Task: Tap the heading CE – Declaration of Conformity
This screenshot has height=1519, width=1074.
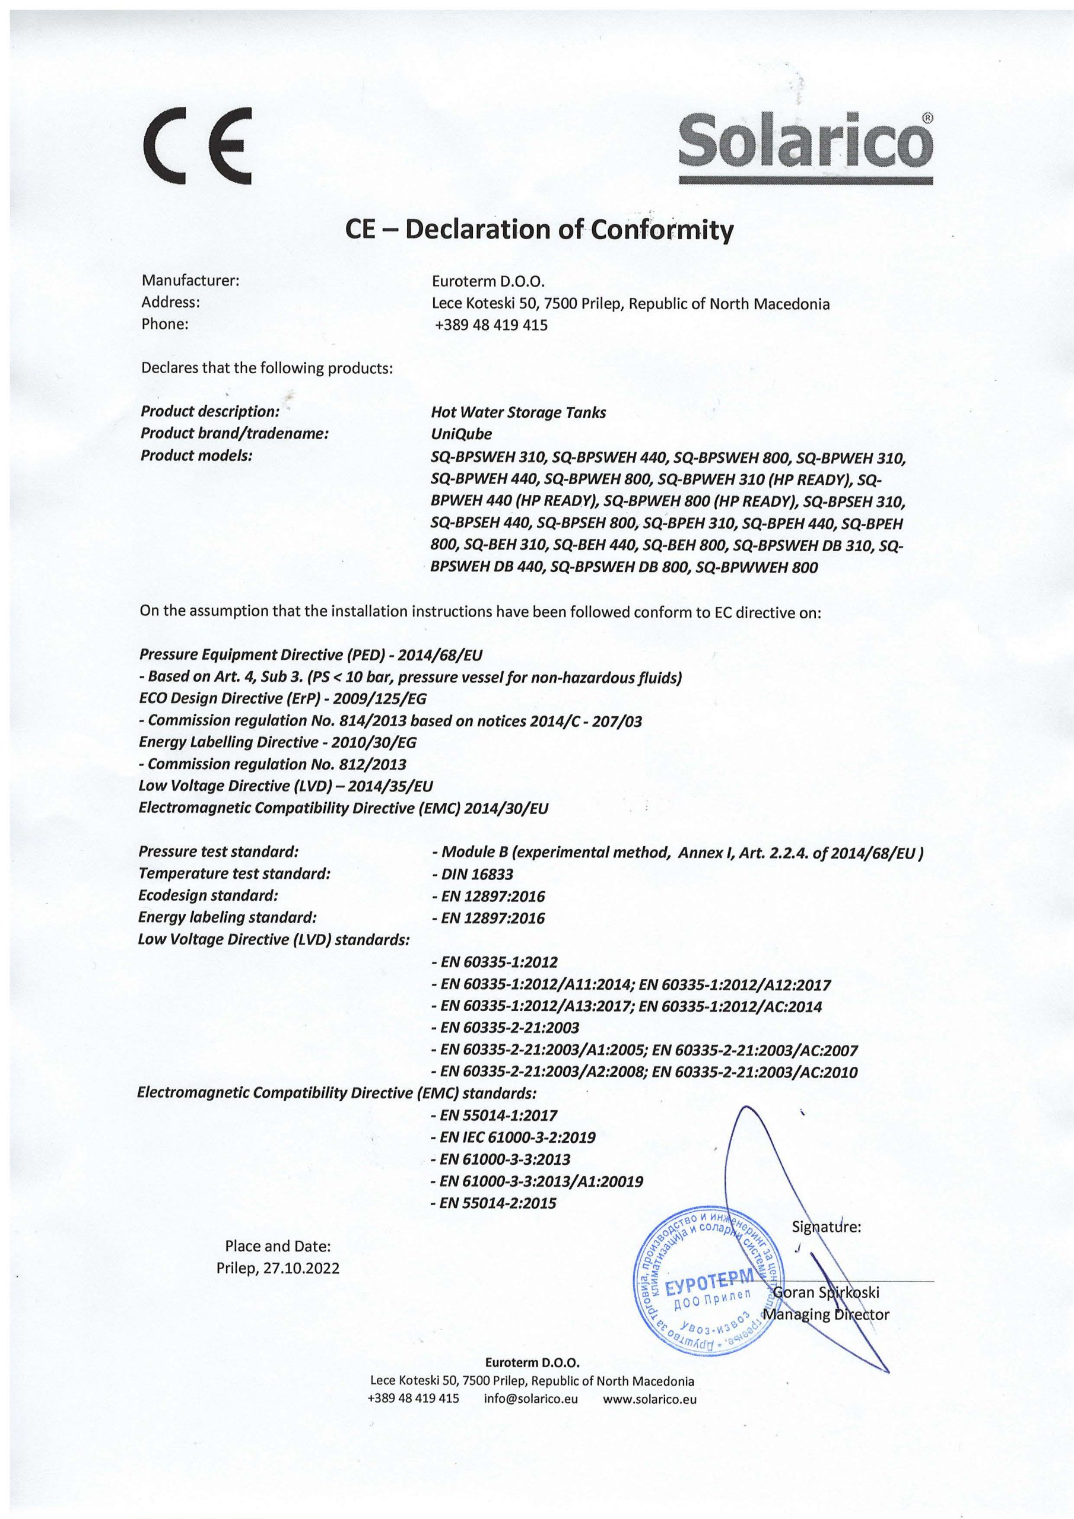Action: pyautogui.click(x=539, y=230)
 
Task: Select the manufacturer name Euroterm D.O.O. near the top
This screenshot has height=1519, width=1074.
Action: pyautogui.click(x=488, y=282)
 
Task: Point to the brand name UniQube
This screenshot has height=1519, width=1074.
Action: pyautogui.click(x=461, y=434)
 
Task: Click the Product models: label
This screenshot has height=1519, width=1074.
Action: pyautogui.click(x=196, y=456)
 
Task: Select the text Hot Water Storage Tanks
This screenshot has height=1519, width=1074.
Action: pyautogui.click(x=518, y=412)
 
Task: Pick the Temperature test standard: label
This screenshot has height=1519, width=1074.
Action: pyautogui.click(x=234, y=873)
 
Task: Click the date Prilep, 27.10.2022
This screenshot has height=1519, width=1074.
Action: pyautogui.click(x=278, y=1268)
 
